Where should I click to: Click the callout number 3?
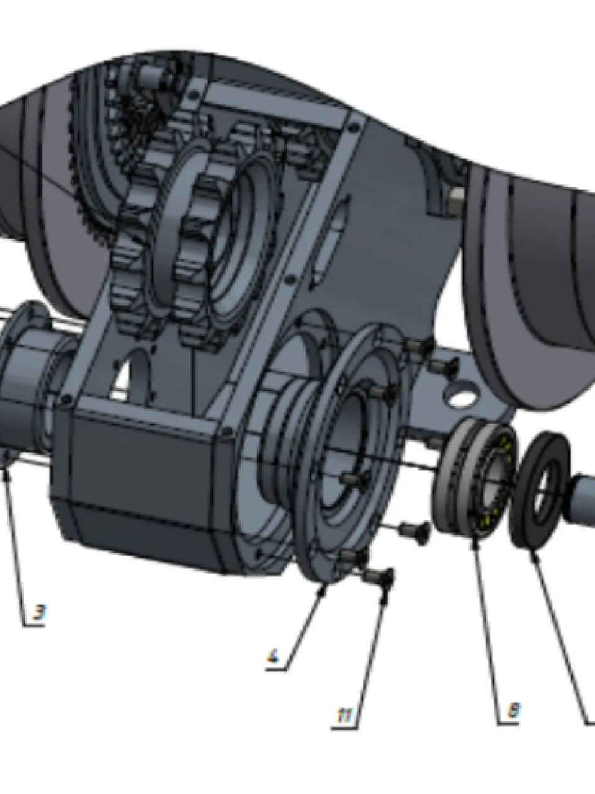coord(39,612)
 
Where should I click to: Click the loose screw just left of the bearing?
coord(415,532)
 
